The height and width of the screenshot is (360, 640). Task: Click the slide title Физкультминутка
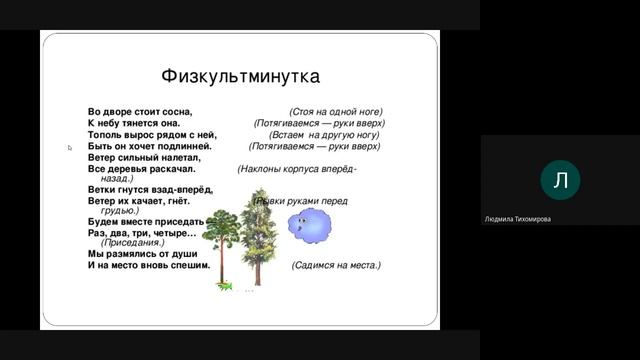click(x=240, y=76)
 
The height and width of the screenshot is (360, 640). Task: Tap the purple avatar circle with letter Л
click(x=560, y=180)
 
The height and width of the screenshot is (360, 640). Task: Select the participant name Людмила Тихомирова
click(x=518, y=219)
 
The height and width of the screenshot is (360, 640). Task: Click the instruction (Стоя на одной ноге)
click(x=336, y=111)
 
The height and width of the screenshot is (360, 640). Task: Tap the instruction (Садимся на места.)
click(x=336, y=266)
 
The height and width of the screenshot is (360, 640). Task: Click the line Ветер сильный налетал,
click(x=144, y=157)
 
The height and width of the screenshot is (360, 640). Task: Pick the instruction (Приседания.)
click(x=133, y=243)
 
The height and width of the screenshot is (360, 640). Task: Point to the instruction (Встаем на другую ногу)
click(x=324, y=134)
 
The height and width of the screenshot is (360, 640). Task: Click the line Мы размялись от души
click(x=142, y=254)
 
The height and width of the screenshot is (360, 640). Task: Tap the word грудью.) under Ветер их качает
click(x=119, y=211)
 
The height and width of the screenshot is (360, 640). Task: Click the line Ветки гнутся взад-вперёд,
click(x=150, y=189)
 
